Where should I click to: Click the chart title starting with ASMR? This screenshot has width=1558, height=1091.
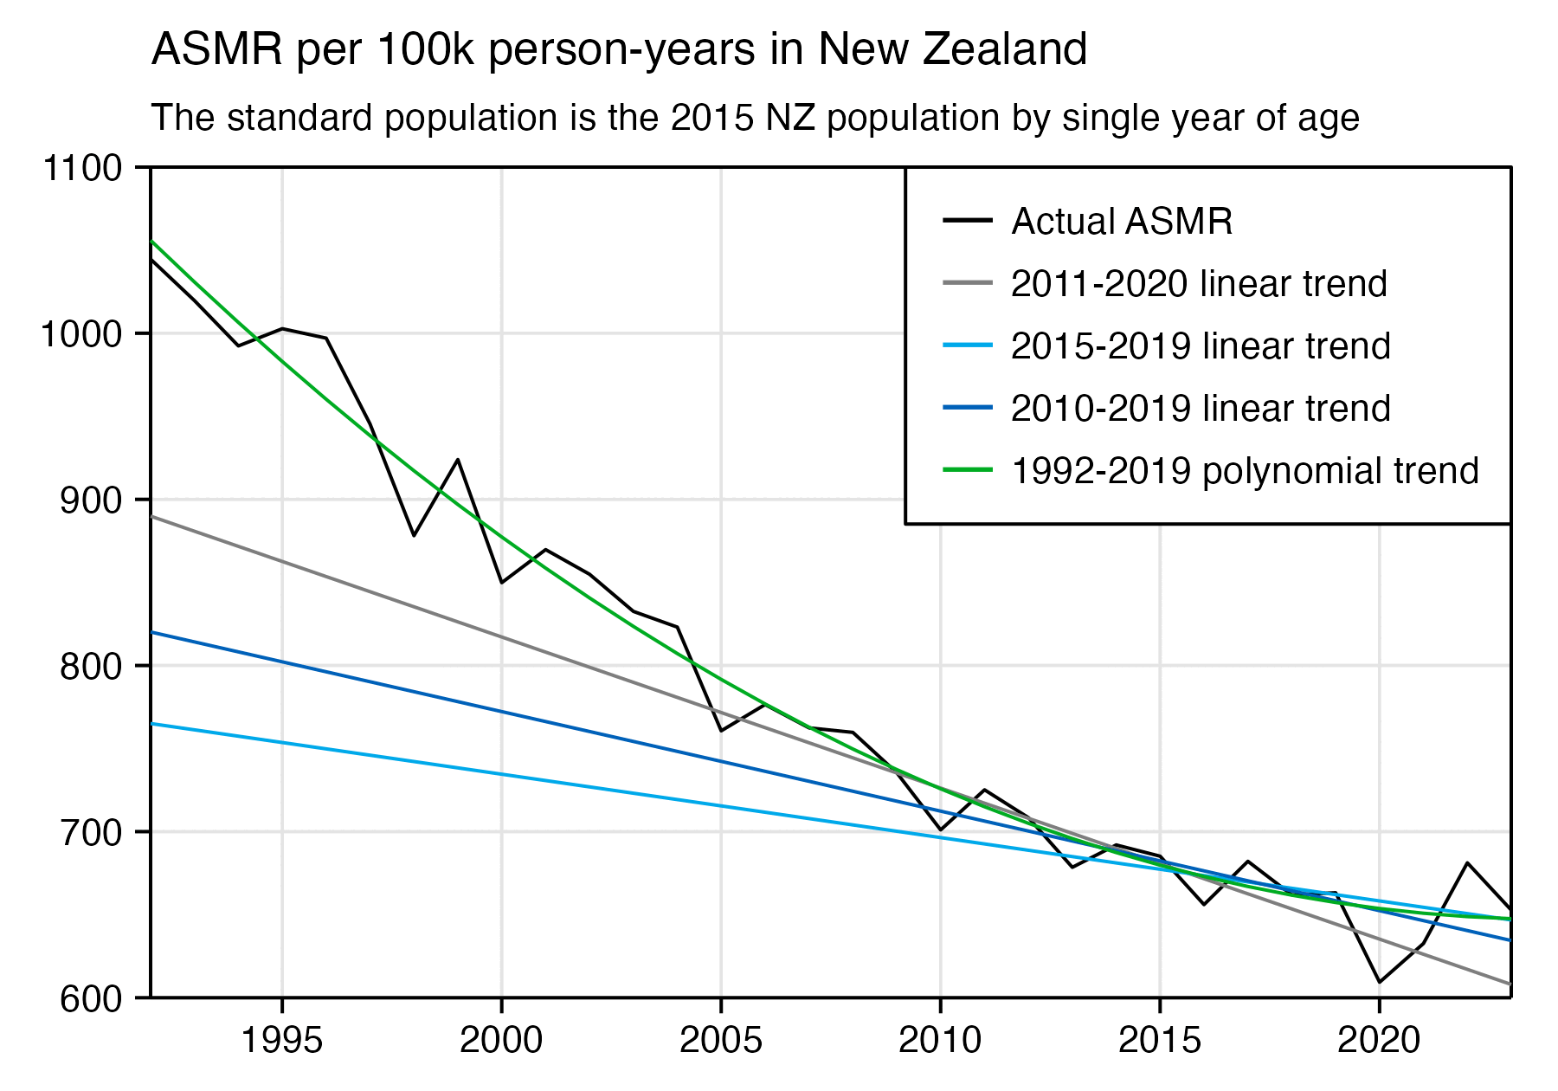point(619,49)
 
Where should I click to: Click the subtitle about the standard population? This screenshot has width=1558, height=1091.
point(755,118)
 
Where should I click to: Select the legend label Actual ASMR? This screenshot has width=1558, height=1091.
point(1122,222)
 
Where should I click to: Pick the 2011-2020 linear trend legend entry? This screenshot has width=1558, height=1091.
point(1199,284)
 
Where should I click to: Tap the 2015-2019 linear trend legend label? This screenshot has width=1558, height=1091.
point(1201,346)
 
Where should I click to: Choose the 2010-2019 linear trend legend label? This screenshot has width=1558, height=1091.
point(1201,409)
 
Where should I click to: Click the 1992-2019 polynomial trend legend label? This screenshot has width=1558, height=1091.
point(1245,471)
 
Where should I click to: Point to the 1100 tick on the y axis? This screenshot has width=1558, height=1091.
point(82,168)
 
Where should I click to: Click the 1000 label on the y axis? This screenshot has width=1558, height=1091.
point(82,334)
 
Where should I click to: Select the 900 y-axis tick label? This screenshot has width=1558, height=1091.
point(91,500)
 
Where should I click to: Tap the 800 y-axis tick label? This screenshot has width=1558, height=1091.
point(91,667)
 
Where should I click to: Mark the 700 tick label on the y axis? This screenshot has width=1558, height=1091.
point(91,833)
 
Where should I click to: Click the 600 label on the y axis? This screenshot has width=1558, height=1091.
point(91,998)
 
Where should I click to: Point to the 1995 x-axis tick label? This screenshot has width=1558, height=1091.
point(282,1040)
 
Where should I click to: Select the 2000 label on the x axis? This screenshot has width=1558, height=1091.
point(501,1040)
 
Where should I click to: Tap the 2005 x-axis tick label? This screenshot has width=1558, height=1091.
point(721,1040)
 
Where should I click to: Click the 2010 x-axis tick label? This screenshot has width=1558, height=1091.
point(940,1040)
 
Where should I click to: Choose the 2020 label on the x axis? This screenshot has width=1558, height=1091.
point(1379,1040)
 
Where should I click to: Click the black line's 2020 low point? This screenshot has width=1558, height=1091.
point(1379,982)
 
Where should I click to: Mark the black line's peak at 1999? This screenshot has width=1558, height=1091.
point(458,460)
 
